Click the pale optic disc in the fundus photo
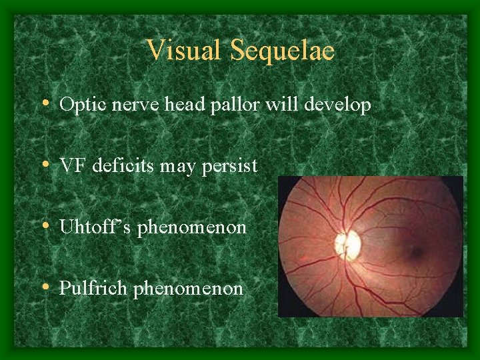347,245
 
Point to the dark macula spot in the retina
417,252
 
